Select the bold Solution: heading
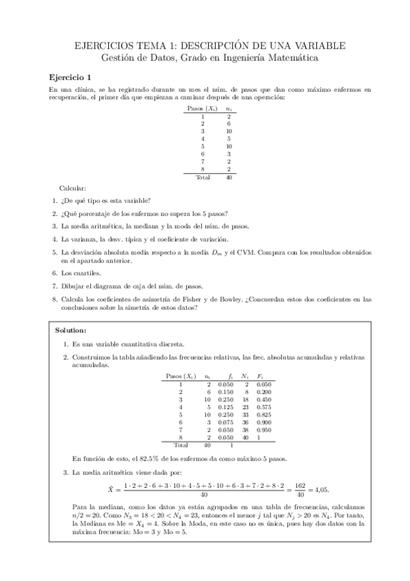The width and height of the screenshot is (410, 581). point(71,330)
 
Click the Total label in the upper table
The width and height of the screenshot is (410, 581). point(203,176)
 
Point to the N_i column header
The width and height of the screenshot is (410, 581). point(245,376)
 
